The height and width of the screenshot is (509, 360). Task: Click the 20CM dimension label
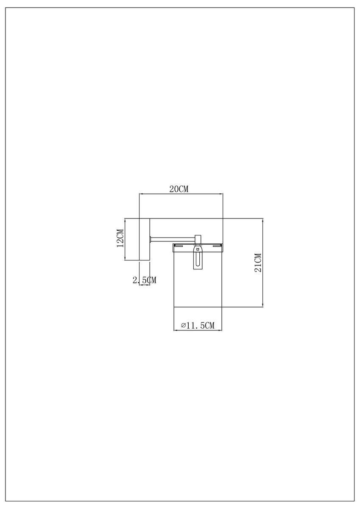click(179, 189)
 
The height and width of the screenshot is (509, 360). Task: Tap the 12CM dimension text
click(120, 239)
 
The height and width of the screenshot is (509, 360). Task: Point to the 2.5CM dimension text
click(145, 280)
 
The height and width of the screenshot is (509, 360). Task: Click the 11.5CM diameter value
click(201, 325)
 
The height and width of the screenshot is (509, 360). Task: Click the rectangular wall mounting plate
click(145, 239)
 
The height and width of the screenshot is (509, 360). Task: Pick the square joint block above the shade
click(198, 239)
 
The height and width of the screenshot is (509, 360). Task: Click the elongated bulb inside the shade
click(198, 260)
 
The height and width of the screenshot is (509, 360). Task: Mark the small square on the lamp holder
click(198, 250)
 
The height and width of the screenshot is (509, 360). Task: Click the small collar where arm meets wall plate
click(151, 239)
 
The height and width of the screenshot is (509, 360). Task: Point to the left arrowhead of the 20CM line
click(142, 194)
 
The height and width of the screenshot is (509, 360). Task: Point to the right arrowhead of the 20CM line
click(221, 194)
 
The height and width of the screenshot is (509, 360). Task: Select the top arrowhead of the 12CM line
click(126, 221)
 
